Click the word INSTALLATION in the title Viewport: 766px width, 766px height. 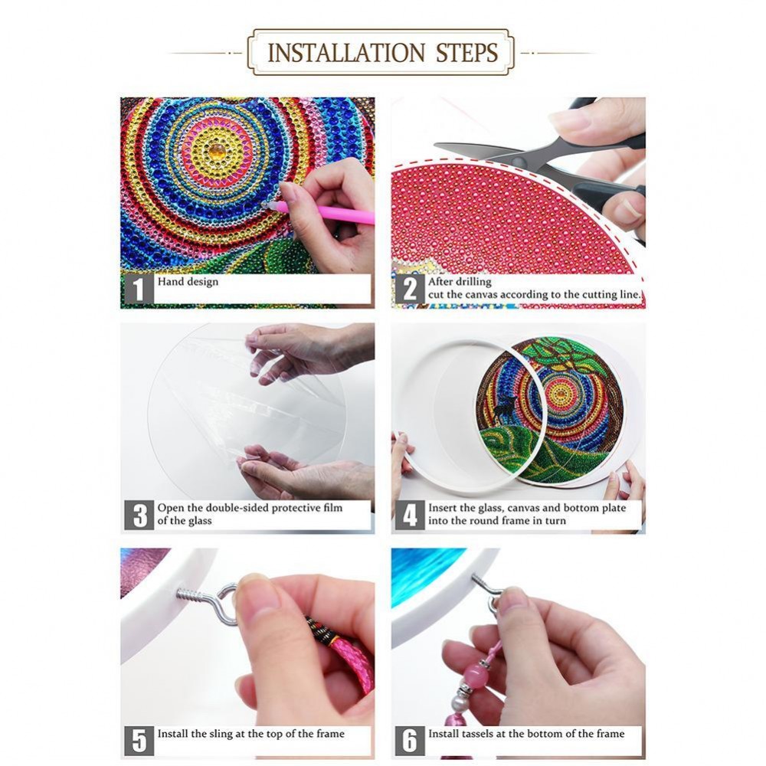tap(346, 53)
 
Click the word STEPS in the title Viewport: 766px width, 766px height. tap(466, 53)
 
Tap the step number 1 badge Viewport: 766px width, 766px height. tap(139, 290)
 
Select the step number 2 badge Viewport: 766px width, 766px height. tap(410, 290)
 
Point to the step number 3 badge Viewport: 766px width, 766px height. tap(139, 515)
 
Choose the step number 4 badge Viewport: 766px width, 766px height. tap(410, 515)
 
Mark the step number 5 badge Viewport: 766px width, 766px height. tap(139, 741)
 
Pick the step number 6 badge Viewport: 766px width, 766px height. tap(410, 741)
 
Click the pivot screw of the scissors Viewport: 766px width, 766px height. tap(519, 161)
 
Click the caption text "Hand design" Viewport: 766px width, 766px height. tap(188, 282)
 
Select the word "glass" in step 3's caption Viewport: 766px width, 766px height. tap(198, 521)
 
